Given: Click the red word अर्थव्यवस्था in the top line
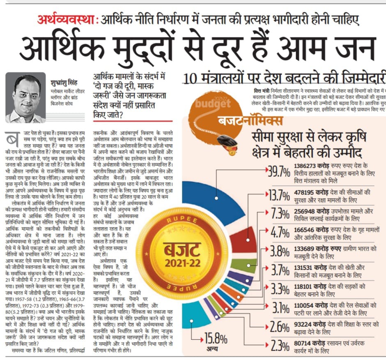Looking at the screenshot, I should [x=67, y=19].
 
